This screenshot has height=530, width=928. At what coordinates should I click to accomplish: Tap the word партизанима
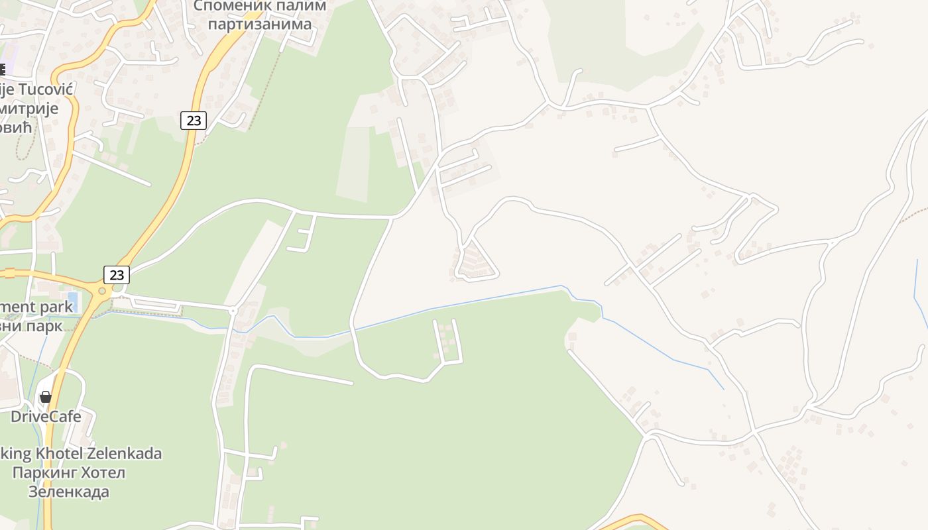click(x=260, y=25)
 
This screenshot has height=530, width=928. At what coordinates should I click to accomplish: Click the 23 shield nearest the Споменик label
click(x=194, y=120)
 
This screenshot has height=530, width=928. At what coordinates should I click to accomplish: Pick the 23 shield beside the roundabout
click(x=117, y=274)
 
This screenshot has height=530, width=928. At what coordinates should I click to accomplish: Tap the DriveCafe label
click(x=46, y=416)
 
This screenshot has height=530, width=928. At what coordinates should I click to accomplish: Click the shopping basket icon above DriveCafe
click(x=46, y=397)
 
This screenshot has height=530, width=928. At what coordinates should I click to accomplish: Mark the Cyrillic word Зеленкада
click(x=68, y=492)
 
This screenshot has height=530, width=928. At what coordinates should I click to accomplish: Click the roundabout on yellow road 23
click(x=102, y=291)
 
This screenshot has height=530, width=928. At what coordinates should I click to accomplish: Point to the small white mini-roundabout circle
click(x=233, y=310)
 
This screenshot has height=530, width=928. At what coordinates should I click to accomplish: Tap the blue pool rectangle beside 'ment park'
click(x=72, y=301)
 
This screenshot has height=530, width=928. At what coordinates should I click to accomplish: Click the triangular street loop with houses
click(x=475, y=262)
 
